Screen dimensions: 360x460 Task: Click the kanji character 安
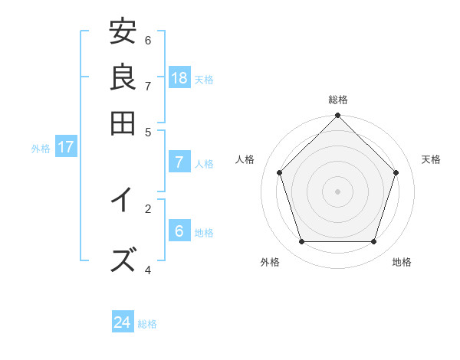123,33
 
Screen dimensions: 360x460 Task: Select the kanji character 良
123,77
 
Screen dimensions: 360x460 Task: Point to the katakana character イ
123,200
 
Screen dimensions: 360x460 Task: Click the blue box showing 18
179,77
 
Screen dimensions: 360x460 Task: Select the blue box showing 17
65,147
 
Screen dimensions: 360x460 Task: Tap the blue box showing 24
123,322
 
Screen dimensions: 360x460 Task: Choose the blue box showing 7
179,162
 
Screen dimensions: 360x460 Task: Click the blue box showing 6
179,231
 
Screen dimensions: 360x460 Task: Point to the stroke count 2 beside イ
148,208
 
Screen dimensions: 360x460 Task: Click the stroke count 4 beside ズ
148,270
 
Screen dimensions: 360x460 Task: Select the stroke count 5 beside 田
148,131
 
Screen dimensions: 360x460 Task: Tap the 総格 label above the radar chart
338,100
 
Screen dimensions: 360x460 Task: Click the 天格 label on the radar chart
431,159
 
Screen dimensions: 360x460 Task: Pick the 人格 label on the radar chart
245,159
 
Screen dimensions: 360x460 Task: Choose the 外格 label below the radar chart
270,262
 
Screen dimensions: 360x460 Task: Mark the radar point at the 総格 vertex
338,116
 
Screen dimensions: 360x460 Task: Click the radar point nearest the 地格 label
374,241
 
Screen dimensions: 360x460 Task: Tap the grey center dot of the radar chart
338,191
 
